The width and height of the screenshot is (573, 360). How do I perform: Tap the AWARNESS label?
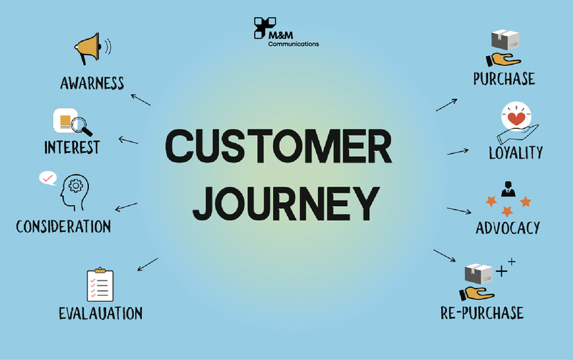pyautogui.click(x=92, y=83)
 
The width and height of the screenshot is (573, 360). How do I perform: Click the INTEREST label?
pyautogui.click(x=72, y=148)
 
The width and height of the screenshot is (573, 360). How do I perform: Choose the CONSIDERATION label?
pyautogui.click(x=64, y=227)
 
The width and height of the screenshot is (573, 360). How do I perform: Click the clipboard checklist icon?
pyautogui.click(x=100, y=285)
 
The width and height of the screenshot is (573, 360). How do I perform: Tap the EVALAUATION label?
pyautogui.click(x=100, y=313)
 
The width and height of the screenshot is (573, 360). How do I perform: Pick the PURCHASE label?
pyautogui.click(x=504, y=79)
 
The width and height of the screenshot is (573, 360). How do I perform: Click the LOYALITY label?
pyautogui.click(x=515, y=152)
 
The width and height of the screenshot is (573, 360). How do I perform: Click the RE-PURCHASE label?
pyautogui.click(x=482, y=313)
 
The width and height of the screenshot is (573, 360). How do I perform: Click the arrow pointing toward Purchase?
pyautogui.click(x=447, y=104)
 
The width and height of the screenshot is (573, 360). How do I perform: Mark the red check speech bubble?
pyautogui.click(x=48, y=177)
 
